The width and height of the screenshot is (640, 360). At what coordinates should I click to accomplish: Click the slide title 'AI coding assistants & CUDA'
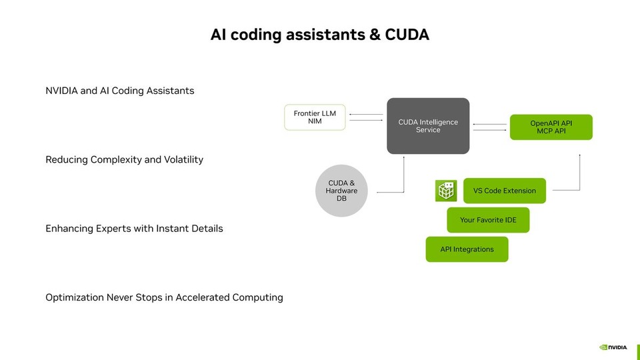tap(319, 35)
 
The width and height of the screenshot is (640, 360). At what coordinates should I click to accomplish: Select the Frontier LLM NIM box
tap(315, 117)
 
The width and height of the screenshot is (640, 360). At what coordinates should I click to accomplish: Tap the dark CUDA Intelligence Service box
tap(428, 126)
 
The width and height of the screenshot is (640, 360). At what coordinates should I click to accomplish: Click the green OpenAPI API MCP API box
tap(551, 127)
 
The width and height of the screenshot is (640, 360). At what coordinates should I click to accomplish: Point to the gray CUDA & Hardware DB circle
tap(341, 191)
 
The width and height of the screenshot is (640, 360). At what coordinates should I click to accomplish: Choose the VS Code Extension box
tap(504, 191)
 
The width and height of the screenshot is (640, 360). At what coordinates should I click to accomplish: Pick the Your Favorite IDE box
tap(488, 220)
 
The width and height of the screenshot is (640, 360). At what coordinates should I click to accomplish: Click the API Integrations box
tap(467, 249)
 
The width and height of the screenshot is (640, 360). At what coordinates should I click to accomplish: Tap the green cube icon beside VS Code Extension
tap(445, 191)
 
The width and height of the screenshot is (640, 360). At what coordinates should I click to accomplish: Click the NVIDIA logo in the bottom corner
tap(613, 347)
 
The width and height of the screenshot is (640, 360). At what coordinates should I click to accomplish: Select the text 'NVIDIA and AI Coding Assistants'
tap(120, 91)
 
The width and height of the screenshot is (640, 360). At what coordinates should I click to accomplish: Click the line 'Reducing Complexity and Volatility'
tap(124, 160)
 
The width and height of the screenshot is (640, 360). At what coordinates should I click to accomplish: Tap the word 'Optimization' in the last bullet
tap(75, 297)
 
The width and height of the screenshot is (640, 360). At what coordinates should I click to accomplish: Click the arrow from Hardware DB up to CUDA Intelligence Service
tap(404, 175)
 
